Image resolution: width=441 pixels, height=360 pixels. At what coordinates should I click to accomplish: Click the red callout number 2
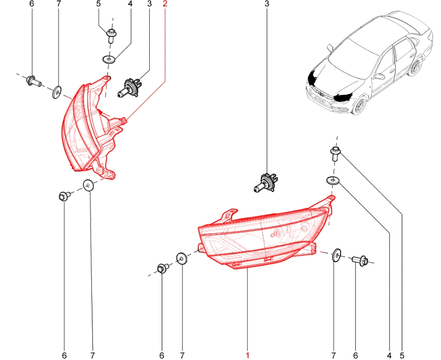tap(165, 4)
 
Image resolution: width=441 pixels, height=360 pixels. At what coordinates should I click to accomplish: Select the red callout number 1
tap(248, 355)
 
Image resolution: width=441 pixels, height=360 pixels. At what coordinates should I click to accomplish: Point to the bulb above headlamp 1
tap(266, 183)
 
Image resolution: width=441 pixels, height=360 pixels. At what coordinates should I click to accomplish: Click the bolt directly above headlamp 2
tap(112, 36)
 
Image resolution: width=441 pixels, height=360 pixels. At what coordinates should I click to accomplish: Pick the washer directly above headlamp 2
tap(108, 59)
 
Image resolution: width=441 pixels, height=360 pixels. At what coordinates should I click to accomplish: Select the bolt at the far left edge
tap(34, 81)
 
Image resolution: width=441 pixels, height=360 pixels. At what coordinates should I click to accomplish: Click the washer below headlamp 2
tap(88, 185)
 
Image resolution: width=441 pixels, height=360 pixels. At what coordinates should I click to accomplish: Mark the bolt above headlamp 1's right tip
tap(335, 153)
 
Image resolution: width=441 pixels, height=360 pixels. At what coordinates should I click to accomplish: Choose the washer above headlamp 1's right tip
tap(333, 180)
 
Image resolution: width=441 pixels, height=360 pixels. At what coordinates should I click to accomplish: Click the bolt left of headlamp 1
tap(163, 268)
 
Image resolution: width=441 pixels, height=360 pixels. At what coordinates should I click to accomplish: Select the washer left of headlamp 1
tap(182, 258)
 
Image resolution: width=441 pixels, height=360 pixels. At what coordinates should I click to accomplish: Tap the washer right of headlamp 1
tap(336, 255)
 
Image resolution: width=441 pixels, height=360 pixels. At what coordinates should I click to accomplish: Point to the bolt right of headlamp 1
tap(360, 260)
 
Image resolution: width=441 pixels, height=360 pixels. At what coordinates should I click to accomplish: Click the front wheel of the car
tap(359, 106)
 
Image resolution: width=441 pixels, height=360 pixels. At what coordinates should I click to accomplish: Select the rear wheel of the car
tap(415, 67)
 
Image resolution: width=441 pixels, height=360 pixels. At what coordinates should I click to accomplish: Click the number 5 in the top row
tap(98, 4)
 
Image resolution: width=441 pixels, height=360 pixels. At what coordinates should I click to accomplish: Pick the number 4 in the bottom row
tap(389, 355)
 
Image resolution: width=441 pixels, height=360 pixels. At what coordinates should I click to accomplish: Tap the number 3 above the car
tap(267, 4)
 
